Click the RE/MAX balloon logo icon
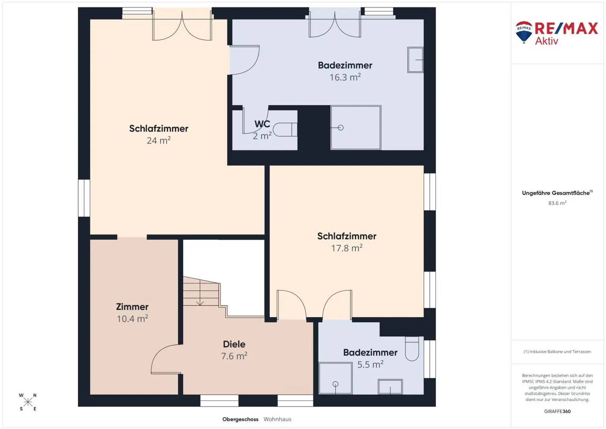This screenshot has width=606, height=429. [x=524, y=32]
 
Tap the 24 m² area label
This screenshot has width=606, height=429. [x=159, y=140]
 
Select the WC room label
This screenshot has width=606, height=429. [x=262, y=124]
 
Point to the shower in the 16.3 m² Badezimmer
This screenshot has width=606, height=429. [x=355, y=128]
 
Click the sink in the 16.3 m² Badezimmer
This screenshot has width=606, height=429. [x=415, y=60]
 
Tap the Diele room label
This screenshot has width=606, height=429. [x=234, y=344]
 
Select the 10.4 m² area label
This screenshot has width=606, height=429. [x=132, y=319]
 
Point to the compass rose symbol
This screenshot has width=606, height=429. [x=28, y=402]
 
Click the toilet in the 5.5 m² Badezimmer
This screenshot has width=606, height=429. [x=412, y=348]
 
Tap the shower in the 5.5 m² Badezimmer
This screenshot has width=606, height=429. [x=335, y=378]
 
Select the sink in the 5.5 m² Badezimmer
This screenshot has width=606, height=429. [x=390, y=387]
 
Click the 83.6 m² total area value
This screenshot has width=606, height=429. [x=557, y=203]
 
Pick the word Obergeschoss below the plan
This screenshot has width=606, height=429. [x=240, y=420]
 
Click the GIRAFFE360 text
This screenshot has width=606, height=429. [x=557, y=411]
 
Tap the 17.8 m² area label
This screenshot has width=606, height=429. [x=346, y=248]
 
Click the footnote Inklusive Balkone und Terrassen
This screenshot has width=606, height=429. [x=557, y=352]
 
